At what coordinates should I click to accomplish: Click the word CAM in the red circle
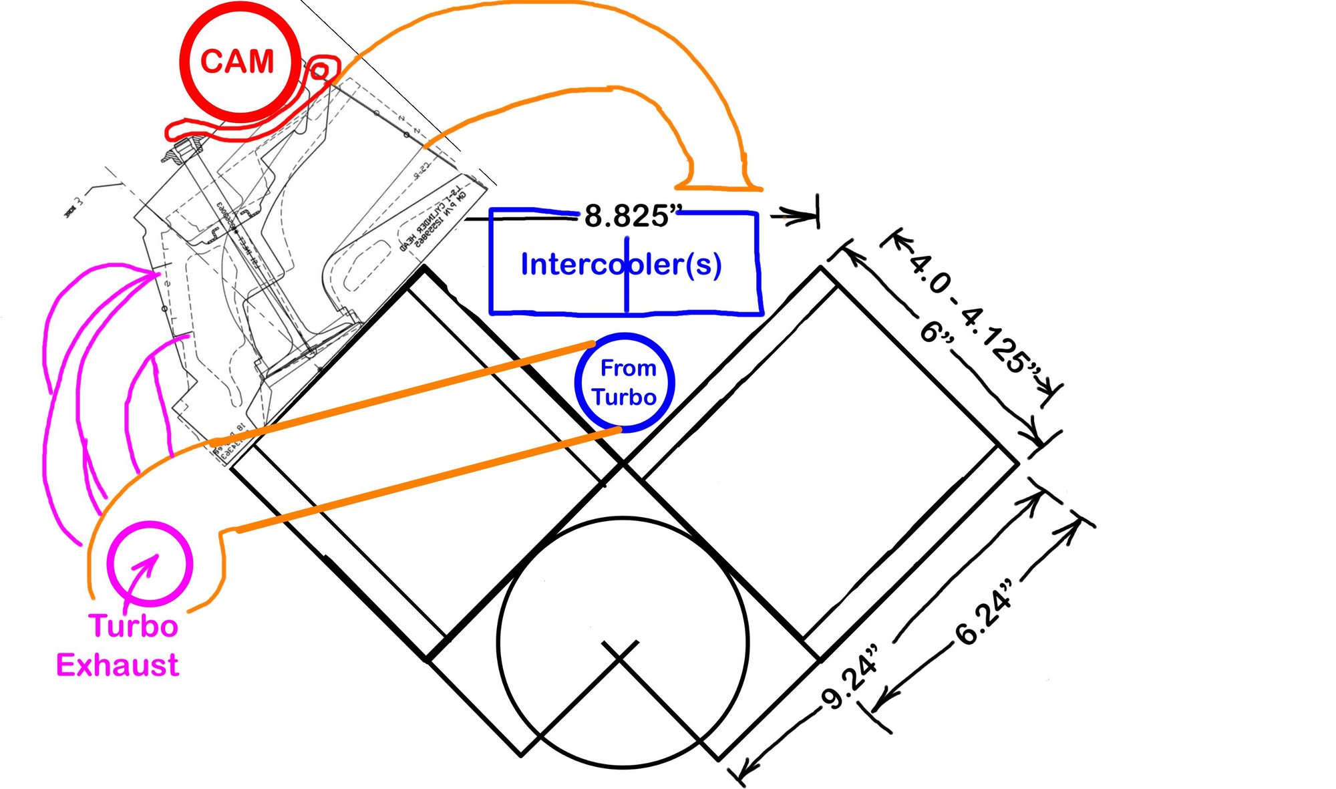[237, 62]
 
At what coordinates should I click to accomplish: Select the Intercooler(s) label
[621, 265]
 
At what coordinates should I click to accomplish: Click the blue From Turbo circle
[625, 382]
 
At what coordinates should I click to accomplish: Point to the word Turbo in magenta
[134, 626]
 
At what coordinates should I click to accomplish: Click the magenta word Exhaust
[118, 665]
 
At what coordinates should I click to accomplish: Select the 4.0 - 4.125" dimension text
[976, 313]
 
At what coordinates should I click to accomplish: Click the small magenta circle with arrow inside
[150, 562]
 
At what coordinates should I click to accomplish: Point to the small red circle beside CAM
[320, 69]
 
